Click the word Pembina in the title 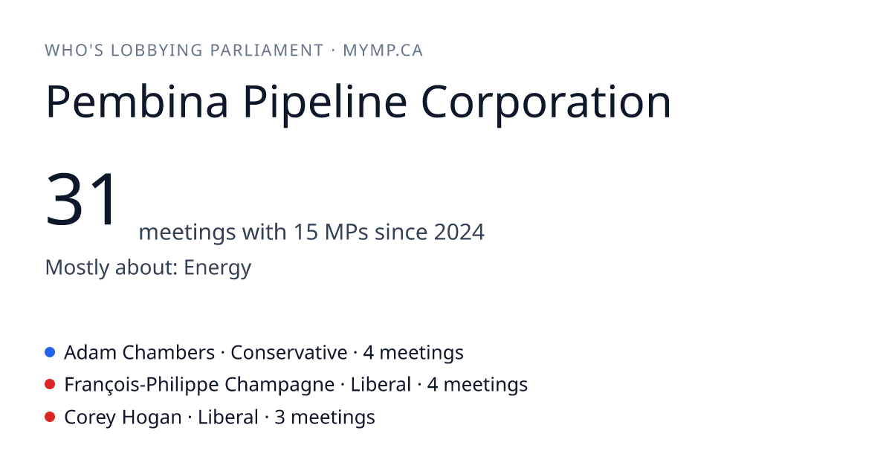(x=137, y=102)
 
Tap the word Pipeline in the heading (x=325, y=104)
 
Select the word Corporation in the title (x=546, y=104)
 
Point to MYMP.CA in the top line (x=383, y=51)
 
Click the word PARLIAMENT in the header (x=267, y=51)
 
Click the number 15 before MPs (x=306, y=232)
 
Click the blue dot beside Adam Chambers (x=50, y=352)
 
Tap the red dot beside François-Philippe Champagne (x=50, y=385)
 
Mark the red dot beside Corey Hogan (x=50, y=417)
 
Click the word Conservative (x=288, y=353)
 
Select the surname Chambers (x=169, y=353)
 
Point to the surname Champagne (x=279, y=386)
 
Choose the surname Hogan (x=152, y=417)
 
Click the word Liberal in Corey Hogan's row (x=228, y=417)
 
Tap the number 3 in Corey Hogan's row (x=279, y=417)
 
